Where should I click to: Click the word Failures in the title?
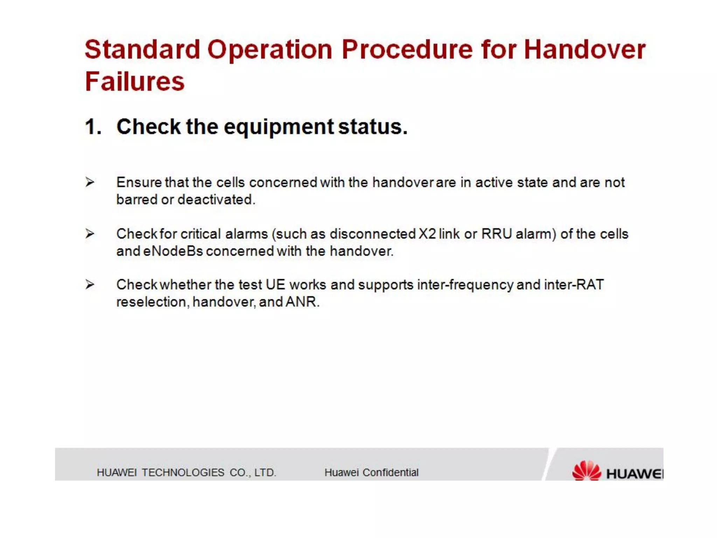click(x=134, y=82)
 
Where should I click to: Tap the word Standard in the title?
click(x=142, y=49)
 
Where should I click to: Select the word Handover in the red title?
click(x=584, y=49)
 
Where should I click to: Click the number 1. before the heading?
click(x=93, y=126)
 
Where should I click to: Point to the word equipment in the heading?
click(x=279, y=127)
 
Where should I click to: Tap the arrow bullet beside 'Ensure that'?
click(x=90, y=182)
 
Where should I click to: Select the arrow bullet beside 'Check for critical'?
click(x=90, y=233)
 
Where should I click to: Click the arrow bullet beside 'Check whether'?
click(x=90, y=284)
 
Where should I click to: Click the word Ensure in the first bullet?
click(x=139, y=182)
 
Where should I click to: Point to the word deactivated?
click(x=216, y=200)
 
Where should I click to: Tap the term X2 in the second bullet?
click(x=427, y=234)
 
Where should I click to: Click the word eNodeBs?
click(x=173, y=251)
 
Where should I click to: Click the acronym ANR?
click(x=302, y=302)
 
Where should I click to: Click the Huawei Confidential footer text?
click(x=371, y=473)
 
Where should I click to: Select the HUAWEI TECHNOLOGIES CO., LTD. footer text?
click(x=186, y=473)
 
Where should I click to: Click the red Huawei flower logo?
click(x=586, y=470)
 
